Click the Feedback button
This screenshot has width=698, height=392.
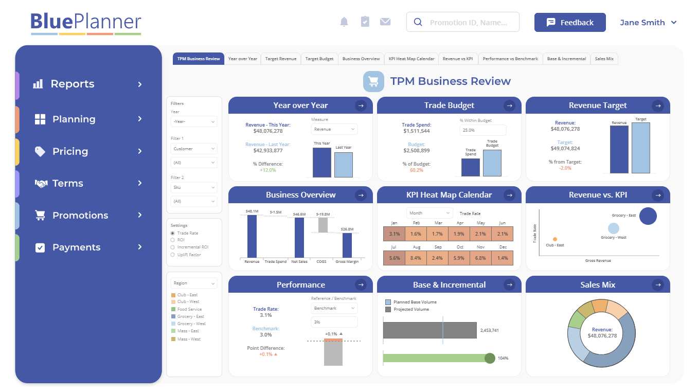[570, 23]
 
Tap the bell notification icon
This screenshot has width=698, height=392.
[344, 22]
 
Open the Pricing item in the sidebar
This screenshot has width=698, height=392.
[70, 151]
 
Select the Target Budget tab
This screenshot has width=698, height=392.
[319, 59]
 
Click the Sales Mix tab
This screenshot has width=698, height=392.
[604, 59]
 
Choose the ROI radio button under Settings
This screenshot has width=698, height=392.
[173, 240]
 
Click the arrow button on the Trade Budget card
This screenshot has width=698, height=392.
[509, 105]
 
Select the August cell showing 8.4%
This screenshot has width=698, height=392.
[416, 258]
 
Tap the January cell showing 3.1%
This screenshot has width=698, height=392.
[394, 234]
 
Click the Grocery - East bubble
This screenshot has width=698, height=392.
[648, 216]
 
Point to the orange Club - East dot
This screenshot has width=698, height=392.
[554, 239]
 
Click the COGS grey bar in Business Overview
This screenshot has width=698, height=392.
[323, 225]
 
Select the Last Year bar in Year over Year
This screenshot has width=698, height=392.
[343, 165]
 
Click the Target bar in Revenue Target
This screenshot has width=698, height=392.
[640, 148]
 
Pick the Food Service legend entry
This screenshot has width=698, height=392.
[189, 309]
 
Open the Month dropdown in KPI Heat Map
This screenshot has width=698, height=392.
[429, 213]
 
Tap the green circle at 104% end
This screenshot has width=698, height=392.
[490, 358]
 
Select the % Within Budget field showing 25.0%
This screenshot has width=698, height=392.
[482, 130]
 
